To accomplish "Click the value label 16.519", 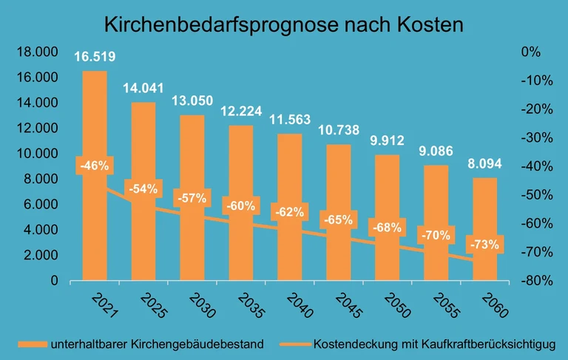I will [x=95, y=57].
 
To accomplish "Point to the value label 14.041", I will [x=143, y=88].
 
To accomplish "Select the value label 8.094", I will [x=485, y=164].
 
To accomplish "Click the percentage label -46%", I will [x=95, y=166].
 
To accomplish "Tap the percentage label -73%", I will [x=485, y=245].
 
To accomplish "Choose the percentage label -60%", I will [x=241, y=205].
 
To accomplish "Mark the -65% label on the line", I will [x=339, y=219].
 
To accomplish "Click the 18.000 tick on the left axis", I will [x=37, y=52].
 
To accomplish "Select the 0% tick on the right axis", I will [x=531, y=52].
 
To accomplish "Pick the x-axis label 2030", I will [x=201, y=305].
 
